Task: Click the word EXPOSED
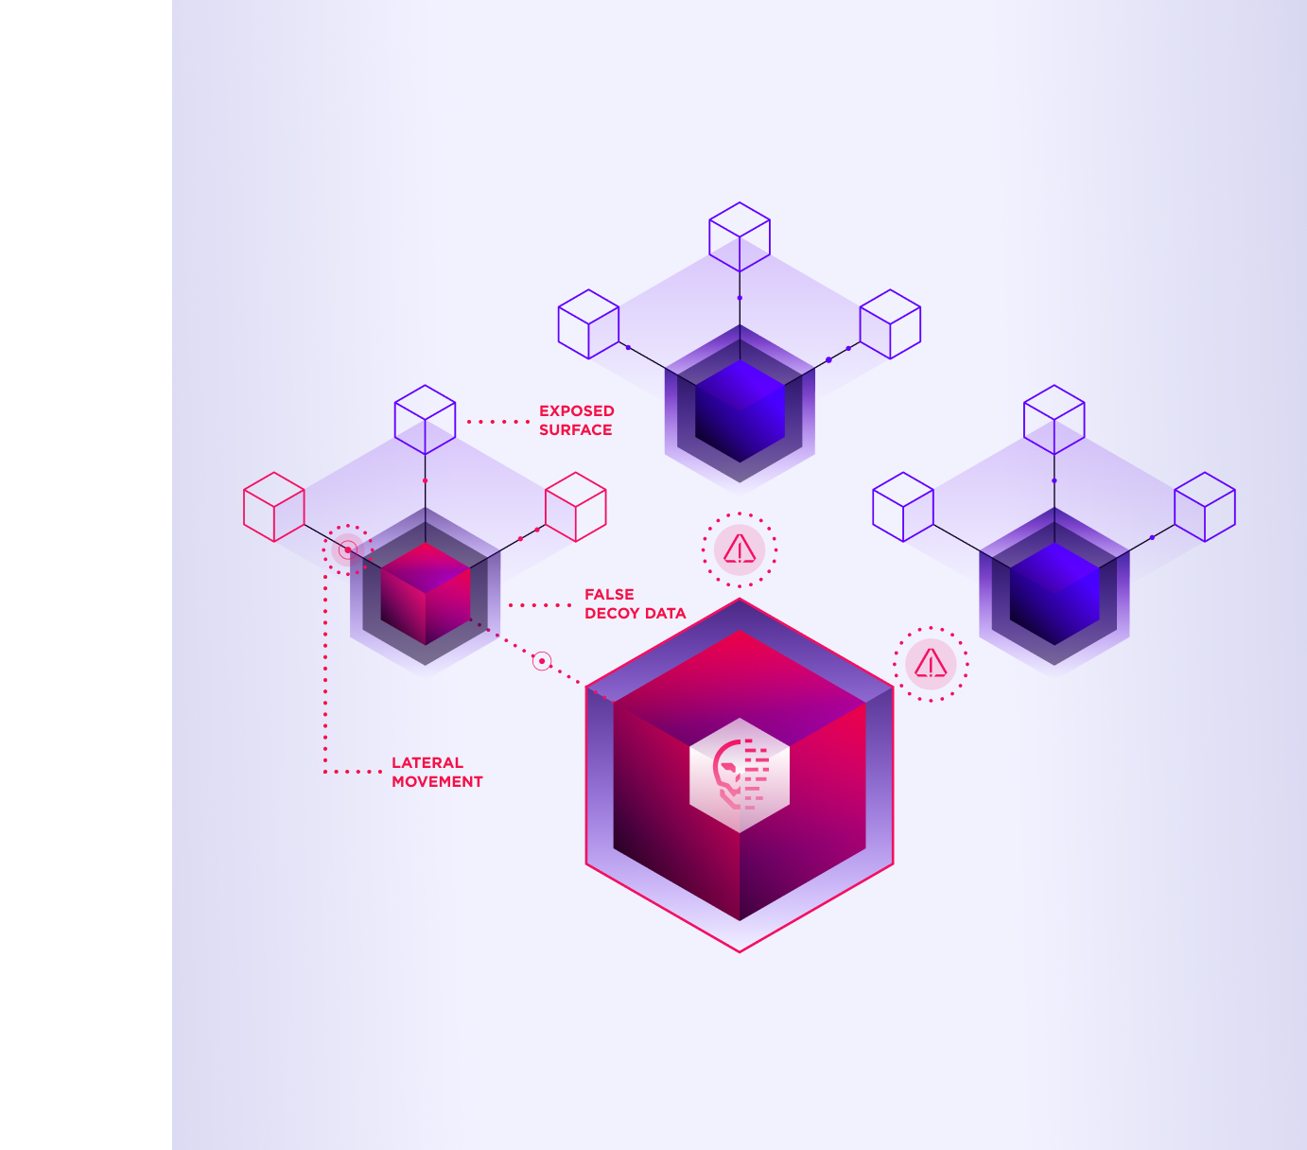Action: (x=576, y=410)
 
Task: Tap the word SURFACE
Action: (x=575, y=429)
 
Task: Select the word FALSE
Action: (x=609, y=594)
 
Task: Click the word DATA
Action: (x=665, y=613)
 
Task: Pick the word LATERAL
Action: (x=427, y=762)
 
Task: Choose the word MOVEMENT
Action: (x=437, y=781)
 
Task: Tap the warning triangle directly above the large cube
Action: (x=740, y=549)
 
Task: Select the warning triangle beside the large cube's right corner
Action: (x=931, y=664)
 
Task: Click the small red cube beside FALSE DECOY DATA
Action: (x=426, y=593)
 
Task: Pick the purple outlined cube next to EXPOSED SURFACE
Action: (x=425, y=419)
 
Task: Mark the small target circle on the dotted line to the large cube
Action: (x=542, y=661)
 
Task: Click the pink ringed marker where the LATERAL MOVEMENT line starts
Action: (x=348, y=549)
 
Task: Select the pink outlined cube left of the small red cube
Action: (x=274, y=507)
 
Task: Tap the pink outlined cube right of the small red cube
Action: (x=576, y=507)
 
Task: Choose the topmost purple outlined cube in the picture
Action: (x=740, y=236)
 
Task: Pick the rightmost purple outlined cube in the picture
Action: (x=1205, y=507)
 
